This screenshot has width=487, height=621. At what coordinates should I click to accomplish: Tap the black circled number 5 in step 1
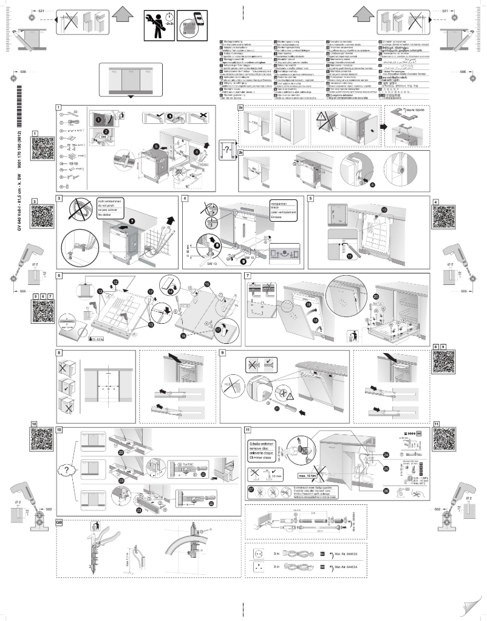156,146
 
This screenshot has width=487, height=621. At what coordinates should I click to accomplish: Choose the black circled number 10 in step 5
384,210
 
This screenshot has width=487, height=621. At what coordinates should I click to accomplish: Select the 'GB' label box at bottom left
59,522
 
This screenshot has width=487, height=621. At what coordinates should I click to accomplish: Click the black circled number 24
387,455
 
